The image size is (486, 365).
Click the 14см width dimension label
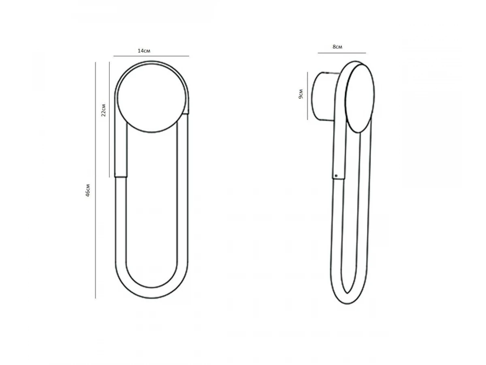[x=144, y=51]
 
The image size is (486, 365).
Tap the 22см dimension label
[x=103, y=110]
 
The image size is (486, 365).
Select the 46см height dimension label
[x=88, y=190]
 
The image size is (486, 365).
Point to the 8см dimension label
[x=337, y=47]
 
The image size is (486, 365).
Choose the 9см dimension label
[x=301, y=94]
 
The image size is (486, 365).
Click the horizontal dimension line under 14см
[x=151, y=56]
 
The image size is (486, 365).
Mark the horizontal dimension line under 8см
[x=342, y=53]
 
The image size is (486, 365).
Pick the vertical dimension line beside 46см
[x=96, y=180]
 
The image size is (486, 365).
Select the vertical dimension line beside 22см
[x=109, y=120]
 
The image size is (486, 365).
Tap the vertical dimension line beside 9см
[x=307, y=96]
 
